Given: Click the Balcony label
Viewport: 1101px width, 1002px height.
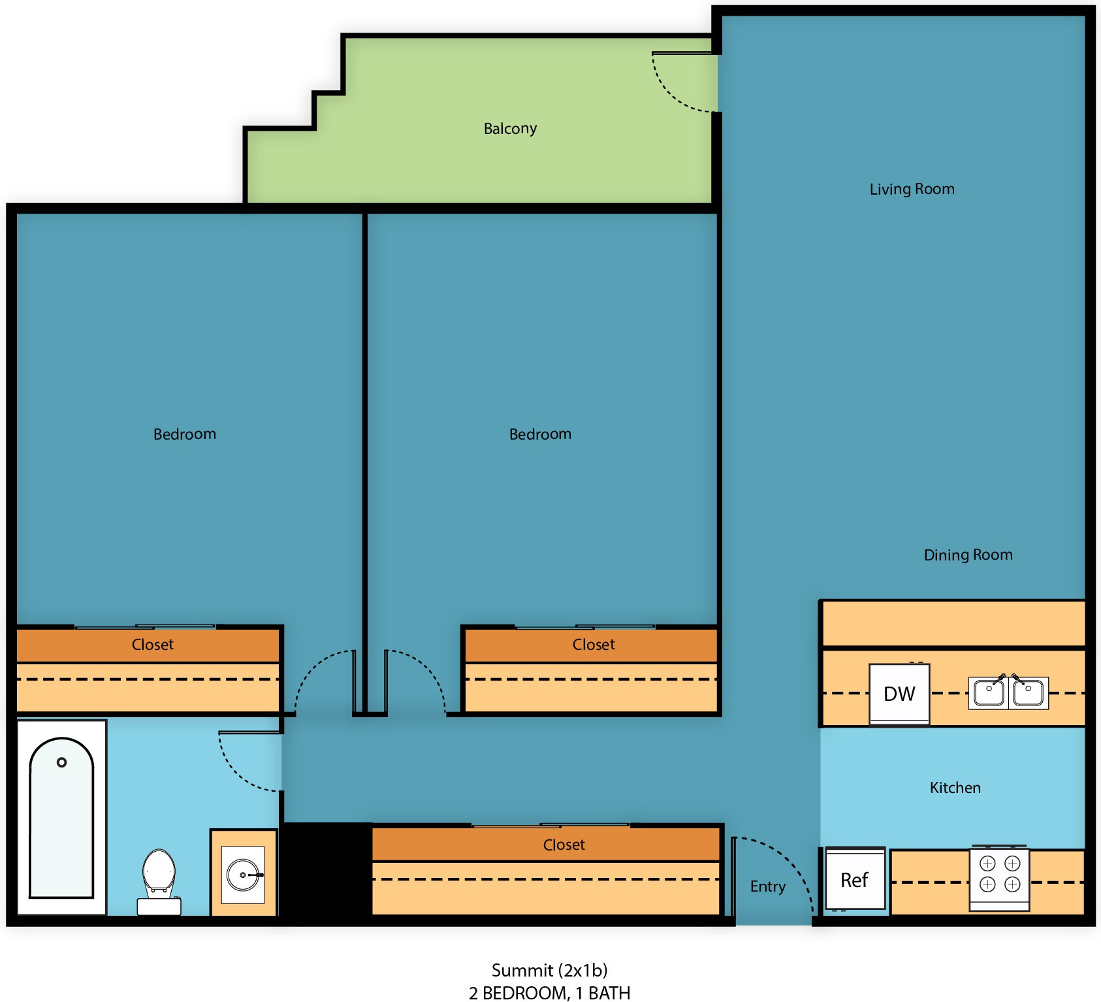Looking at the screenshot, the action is coord(510,129).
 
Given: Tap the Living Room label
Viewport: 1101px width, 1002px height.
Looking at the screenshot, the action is coord(912,189).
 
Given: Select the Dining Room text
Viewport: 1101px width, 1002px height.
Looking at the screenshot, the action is coord(968,555).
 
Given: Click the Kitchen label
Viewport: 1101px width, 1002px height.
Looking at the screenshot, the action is coord(955,788).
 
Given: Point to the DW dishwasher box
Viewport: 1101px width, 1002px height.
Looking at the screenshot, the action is coord(899,694).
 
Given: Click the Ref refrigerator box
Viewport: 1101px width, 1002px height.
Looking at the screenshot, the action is coord(855,879).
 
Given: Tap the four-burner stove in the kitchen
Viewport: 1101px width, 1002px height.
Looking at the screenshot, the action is coord(999,879).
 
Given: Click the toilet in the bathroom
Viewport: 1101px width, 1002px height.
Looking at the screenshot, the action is coord(159,881).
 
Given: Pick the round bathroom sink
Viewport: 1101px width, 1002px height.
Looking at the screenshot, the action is coord(243,875).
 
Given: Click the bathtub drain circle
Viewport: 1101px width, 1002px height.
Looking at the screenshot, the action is coord(62,762).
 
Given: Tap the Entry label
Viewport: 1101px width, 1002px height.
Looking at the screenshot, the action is coord(767,886).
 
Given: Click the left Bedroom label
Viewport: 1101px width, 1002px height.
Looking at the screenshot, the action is coord(184,434).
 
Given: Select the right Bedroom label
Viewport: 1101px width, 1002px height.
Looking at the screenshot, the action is coord(540,434).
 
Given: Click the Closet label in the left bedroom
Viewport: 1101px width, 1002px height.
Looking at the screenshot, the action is coord(152,645).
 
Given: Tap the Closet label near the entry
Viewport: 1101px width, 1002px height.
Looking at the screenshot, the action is coord(564,845).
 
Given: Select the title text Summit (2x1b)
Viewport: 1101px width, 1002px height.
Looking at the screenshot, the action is coord(549,971).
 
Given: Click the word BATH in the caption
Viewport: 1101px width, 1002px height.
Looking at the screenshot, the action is coord(609,993).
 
